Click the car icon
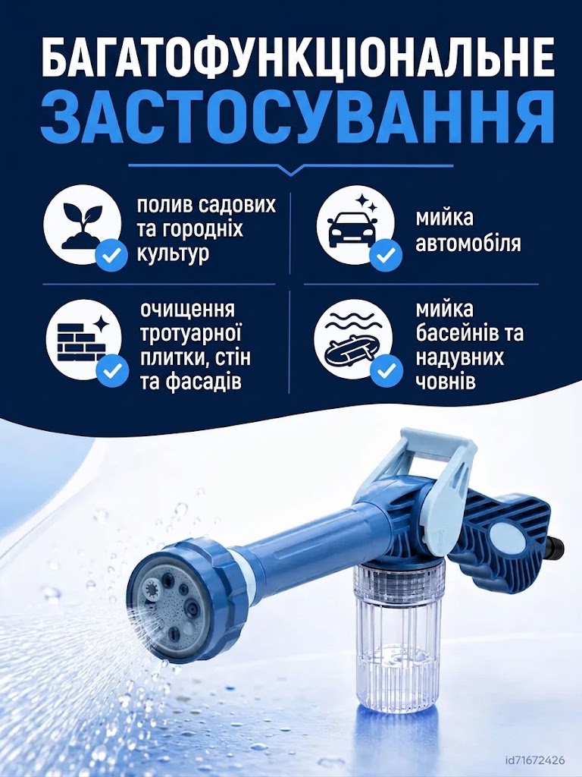click(352, 225)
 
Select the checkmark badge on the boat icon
click(386, 370)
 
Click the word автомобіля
click(468, 243)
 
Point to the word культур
click(173, 253)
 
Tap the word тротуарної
click(190, 335)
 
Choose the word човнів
click(446, 382)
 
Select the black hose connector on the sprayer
click(557, 545)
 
